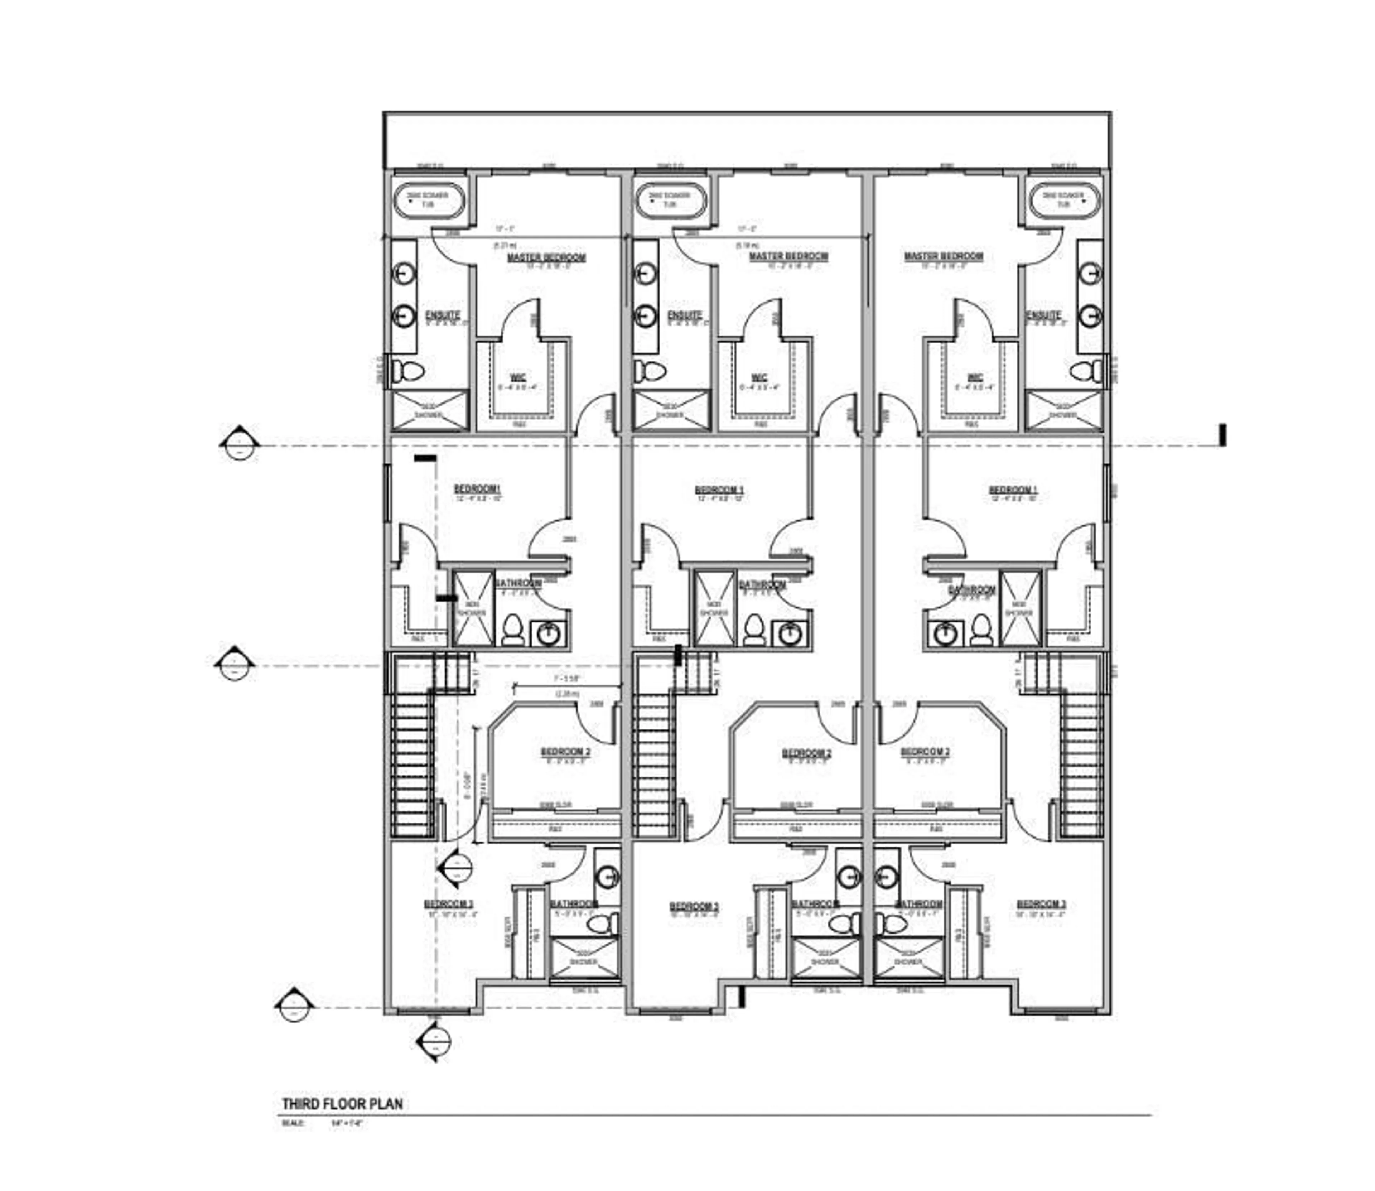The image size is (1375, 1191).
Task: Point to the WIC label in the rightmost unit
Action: pyautogui.click(x=975, y=377)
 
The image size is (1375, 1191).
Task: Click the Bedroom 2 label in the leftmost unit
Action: pyautogui.click(x=565, y=752)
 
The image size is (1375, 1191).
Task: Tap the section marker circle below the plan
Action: pyautogui.click(x=435, y=1040)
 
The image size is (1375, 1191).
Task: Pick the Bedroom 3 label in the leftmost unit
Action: pyautogui.click(x=449, y=905)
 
